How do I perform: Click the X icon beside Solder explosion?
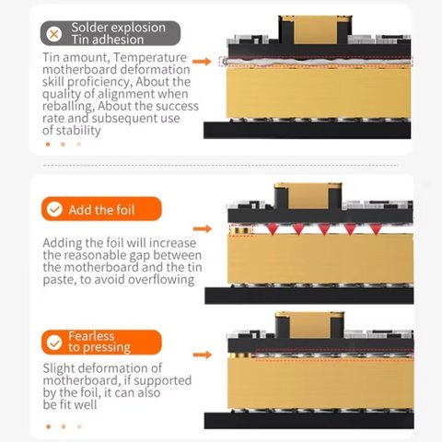tap(54, 34)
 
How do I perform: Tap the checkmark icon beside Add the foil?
tap(54, 209)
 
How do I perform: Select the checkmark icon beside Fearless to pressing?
tap(54, 343)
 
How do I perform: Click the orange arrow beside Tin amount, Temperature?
tap(202, 62)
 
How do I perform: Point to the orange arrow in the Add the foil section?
tap(203, 228)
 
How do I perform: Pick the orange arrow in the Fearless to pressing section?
tap(203, 355)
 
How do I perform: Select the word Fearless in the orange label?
tap(91, 336)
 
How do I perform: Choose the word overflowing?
tap(161, 280)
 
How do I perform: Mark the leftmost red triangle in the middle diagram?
tap(273, 229)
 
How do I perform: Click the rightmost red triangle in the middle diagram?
tap(376, 229)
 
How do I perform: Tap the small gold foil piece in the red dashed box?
tap(241, 230)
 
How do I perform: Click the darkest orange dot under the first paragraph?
tap(48, 145)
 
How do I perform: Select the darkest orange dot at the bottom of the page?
tap(48, 426)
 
